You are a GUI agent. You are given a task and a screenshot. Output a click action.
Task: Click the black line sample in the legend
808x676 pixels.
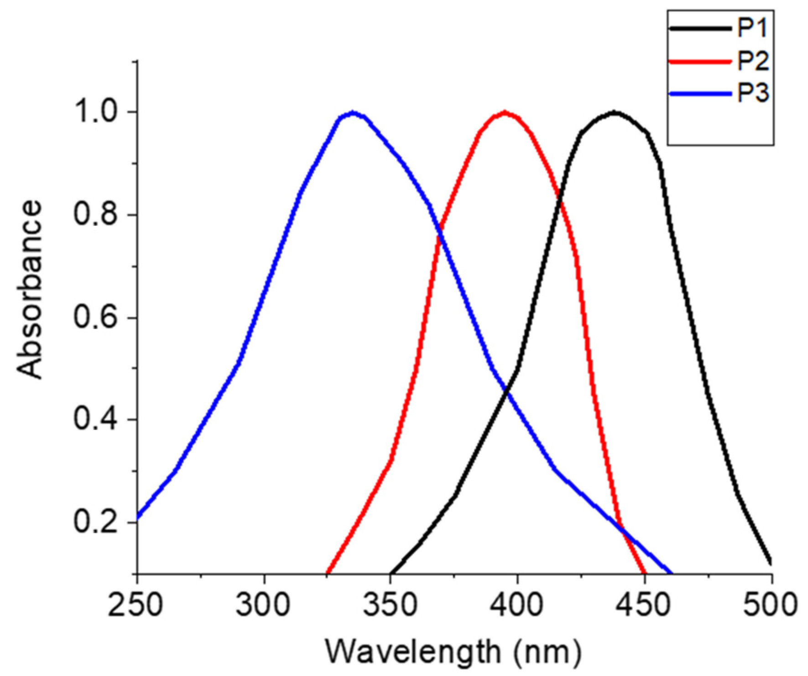tap(700, 28)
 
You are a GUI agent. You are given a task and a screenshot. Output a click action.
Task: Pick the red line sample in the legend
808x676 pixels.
tap(700, 61)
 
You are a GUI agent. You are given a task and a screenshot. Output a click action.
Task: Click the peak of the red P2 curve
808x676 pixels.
tap(505, 112)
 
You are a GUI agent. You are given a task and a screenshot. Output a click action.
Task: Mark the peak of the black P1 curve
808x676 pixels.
tap(615, 112)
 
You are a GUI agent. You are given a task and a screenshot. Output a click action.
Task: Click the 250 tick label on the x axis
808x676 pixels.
tap(136, 605)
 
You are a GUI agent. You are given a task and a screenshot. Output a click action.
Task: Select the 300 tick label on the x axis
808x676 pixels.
tap(263, 605)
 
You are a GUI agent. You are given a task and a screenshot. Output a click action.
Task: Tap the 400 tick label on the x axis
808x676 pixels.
tap(517, 605)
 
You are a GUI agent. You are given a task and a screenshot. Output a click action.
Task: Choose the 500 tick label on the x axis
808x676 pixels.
tap(770, 605)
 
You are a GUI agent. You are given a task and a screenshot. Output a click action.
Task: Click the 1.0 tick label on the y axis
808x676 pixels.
tap(99, 112)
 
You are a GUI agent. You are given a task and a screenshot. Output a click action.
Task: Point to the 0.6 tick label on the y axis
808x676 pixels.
tap(99, 317)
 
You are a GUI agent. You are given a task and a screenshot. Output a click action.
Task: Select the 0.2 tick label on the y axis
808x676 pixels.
tap(99, 522)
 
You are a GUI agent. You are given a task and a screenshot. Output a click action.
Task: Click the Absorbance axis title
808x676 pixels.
tap(30, 290)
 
